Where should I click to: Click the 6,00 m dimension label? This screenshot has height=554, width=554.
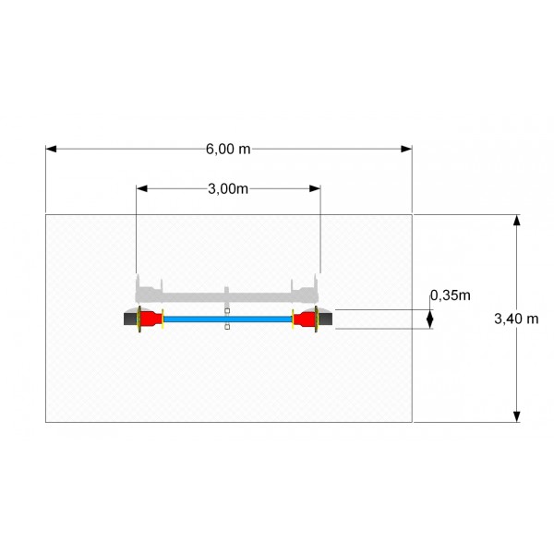pyautogui.click(x=228, y=149)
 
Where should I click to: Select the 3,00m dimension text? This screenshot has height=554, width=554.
pyautogui.click(x=228, y=189)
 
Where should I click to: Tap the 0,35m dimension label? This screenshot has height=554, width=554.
pyautogui.click(x=451, y=295)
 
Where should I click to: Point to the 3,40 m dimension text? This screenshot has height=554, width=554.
pyautogui.click(x=516, y=319)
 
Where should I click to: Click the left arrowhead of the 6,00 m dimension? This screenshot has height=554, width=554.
pyautogui.click(x=51, y=149)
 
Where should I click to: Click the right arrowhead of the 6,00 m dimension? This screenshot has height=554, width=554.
pyautogui.click(x=406, y=149)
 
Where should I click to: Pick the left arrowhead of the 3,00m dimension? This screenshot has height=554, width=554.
pyautogui.click(x=141, y=188)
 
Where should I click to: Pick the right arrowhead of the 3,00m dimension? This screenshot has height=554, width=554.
pyautogui.click(x=315, y=188)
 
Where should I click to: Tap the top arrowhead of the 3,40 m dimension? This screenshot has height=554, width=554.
pyautogui.click(x=516, y=220)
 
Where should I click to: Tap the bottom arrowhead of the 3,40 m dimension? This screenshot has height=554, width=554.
pyautogui.click(x=516, y=416)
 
